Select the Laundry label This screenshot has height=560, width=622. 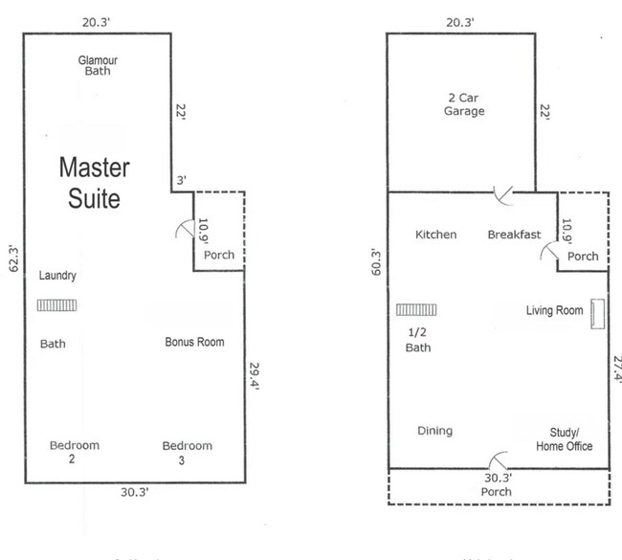coord(57,276)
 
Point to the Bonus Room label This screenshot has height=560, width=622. coord(194,342)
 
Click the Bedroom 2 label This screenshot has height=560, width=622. coord(74,452)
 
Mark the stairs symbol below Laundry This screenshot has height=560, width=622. coord(57,305)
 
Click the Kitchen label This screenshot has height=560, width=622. coord(435,235)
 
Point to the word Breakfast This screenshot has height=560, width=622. coord(515,235)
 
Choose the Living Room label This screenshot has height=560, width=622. coord(555,310)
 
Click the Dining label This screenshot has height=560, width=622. coord(435,431)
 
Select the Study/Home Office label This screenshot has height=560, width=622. coord(564,438)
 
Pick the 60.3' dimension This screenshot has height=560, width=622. coord(375,261)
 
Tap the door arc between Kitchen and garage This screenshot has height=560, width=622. coord(501,194)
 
